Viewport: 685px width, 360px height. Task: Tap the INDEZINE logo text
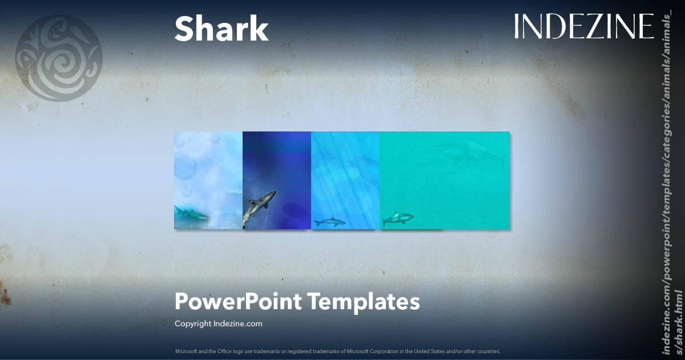point(583,27)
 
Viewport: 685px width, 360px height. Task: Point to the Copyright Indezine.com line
point(218,323)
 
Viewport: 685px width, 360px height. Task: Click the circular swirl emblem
point(58,58)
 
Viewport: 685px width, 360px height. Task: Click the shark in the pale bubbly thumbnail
point(191,213)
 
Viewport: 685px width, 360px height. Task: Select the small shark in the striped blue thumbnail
point(329,222)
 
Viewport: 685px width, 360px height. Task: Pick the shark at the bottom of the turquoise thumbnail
point(398,218)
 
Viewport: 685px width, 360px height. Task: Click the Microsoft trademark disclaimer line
point(337,351)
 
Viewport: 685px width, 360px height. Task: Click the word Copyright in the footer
point(193,323)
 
